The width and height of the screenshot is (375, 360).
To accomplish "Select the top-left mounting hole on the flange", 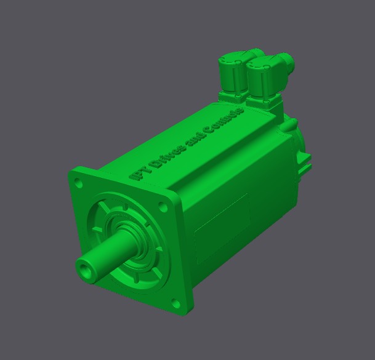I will (78, 183).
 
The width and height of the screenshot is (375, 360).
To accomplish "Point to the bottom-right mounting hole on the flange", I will (175, 303).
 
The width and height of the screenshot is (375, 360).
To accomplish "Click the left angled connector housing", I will (232, 73).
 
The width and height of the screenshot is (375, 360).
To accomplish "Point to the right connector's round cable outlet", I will (286, 62).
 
